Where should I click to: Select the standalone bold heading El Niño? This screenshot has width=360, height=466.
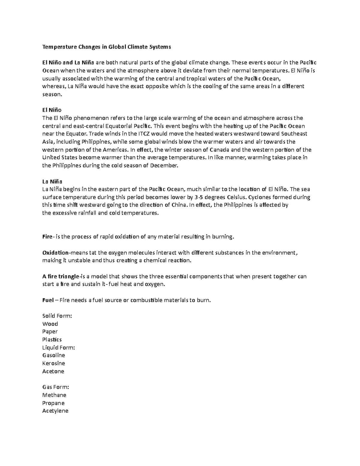(x=52, y=110)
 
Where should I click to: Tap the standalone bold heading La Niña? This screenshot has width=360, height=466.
(x=52, y=181)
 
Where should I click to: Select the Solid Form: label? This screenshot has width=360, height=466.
(x=57, y=316)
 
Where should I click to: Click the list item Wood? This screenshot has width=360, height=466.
(x=50, y=324)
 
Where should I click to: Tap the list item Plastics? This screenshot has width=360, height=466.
(x=52, y=339)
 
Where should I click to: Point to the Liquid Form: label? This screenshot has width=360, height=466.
(x=58, y=347)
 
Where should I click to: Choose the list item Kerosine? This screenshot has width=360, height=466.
(x=54, y=363)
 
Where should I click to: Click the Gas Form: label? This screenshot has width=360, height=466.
(x=56, y=387)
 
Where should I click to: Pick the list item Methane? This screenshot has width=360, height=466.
(x=54, y=395)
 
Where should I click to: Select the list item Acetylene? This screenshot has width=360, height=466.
(x=55, y=411)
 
